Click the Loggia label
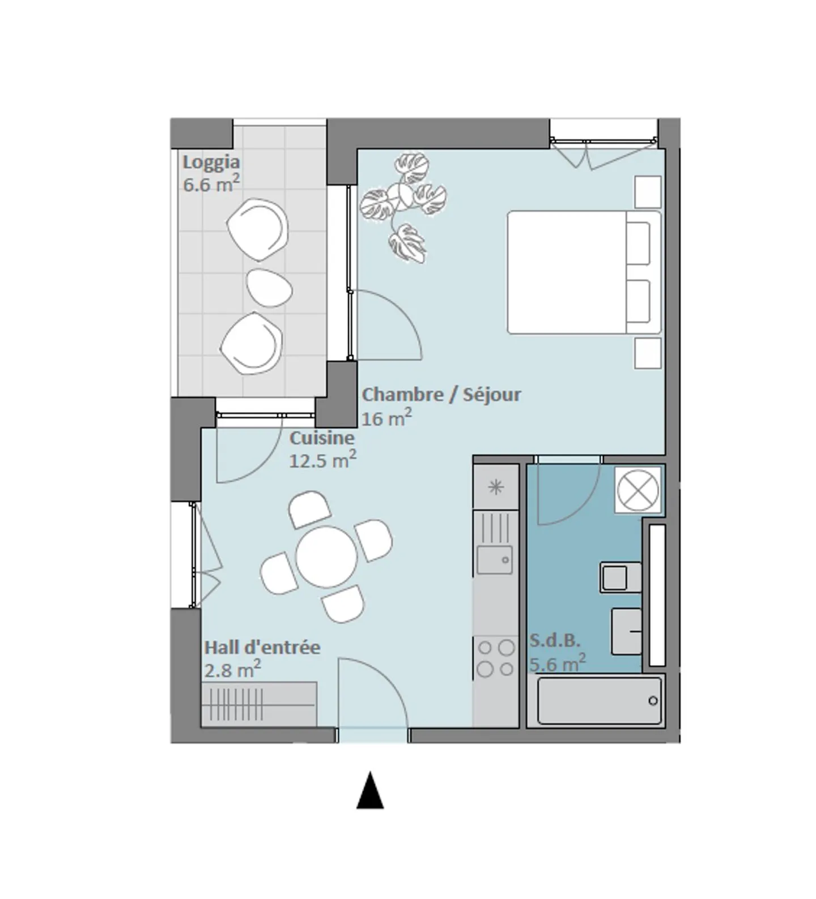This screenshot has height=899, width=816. tap(211, 162)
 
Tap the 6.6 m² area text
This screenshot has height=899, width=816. tap(211, 184)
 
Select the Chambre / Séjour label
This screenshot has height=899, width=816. tap(441, 395)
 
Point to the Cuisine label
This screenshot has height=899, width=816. tap(322, 438)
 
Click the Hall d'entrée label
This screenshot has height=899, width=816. tap(262, 647)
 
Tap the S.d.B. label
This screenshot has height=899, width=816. tap(555, 641)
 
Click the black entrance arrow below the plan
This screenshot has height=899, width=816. tap(370, 790)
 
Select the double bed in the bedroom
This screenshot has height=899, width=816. tap(584, 272)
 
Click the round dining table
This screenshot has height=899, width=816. tap(326, 557)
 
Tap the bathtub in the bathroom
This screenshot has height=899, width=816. tap(599, 701)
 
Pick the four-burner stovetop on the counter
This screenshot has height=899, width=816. tap(496, 658)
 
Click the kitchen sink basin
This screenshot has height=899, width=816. tap(494, 560)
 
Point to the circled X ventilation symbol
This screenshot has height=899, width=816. tap(638, 490)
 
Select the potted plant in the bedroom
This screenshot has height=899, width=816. tap(404, 207)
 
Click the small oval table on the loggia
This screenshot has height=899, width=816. tap(270, 288)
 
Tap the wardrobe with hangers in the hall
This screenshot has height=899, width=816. tap(258, 704)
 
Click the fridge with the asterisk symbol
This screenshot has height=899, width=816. tap(496, 487)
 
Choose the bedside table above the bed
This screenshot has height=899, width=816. tap(647, 192)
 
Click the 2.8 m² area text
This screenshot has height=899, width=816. tap(232, 670)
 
